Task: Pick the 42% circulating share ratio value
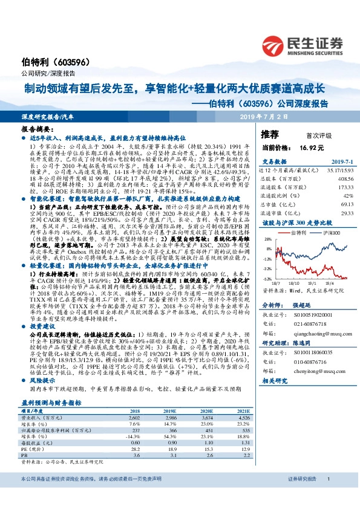[347, 196]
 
